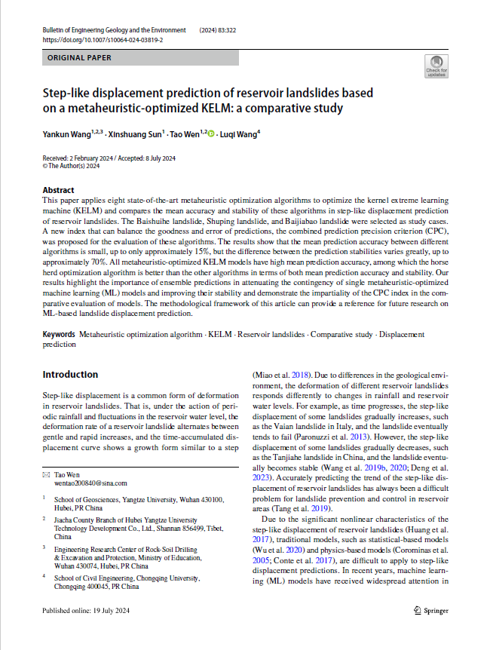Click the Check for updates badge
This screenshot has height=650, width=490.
[x=436, y=66]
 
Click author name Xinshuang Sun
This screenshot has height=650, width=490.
[x=133, y=134]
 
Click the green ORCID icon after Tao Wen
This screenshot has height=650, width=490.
[x=211, y=134]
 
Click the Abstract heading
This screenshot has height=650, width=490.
[x=58, y=190]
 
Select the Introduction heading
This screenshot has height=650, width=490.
[x=70, y=375]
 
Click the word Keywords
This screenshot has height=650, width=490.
[x=58, y=333]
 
